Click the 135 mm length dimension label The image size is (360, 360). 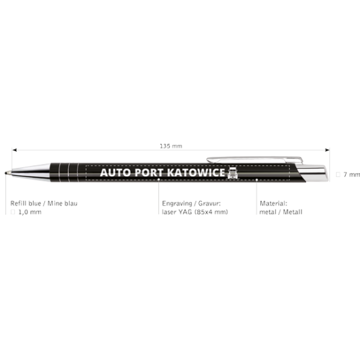click(171, 146)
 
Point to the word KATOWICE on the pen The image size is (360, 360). click(196, 173)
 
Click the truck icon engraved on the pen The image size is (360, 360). click(232, 173)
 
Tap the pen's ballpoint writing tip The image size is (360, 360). click(6, 173)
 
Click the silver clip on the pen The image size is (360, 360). click(255, 159)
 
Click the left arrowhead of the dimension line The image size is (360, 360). click(14, 150)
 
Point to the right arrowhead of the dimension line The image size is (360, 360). click(327, 150)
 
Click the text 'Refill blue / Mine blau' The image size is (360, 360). click(44, 203)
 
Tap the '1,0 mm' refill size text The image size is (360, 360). click(30, 212)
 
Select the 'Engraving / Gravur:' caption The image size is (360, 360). click(191, 203)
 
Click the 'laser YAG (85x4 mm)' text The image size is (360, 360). click(195, 212)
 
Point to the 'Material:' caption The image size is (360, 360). click(273, 203)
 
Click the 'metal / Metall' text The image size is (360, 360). click(281, 212)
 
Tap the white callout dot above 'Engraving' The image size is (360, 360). click(159, 179)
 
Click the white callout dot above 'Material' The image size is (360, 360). click(256, 180)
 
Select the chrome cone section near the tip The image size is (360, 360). click(30, 173)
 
